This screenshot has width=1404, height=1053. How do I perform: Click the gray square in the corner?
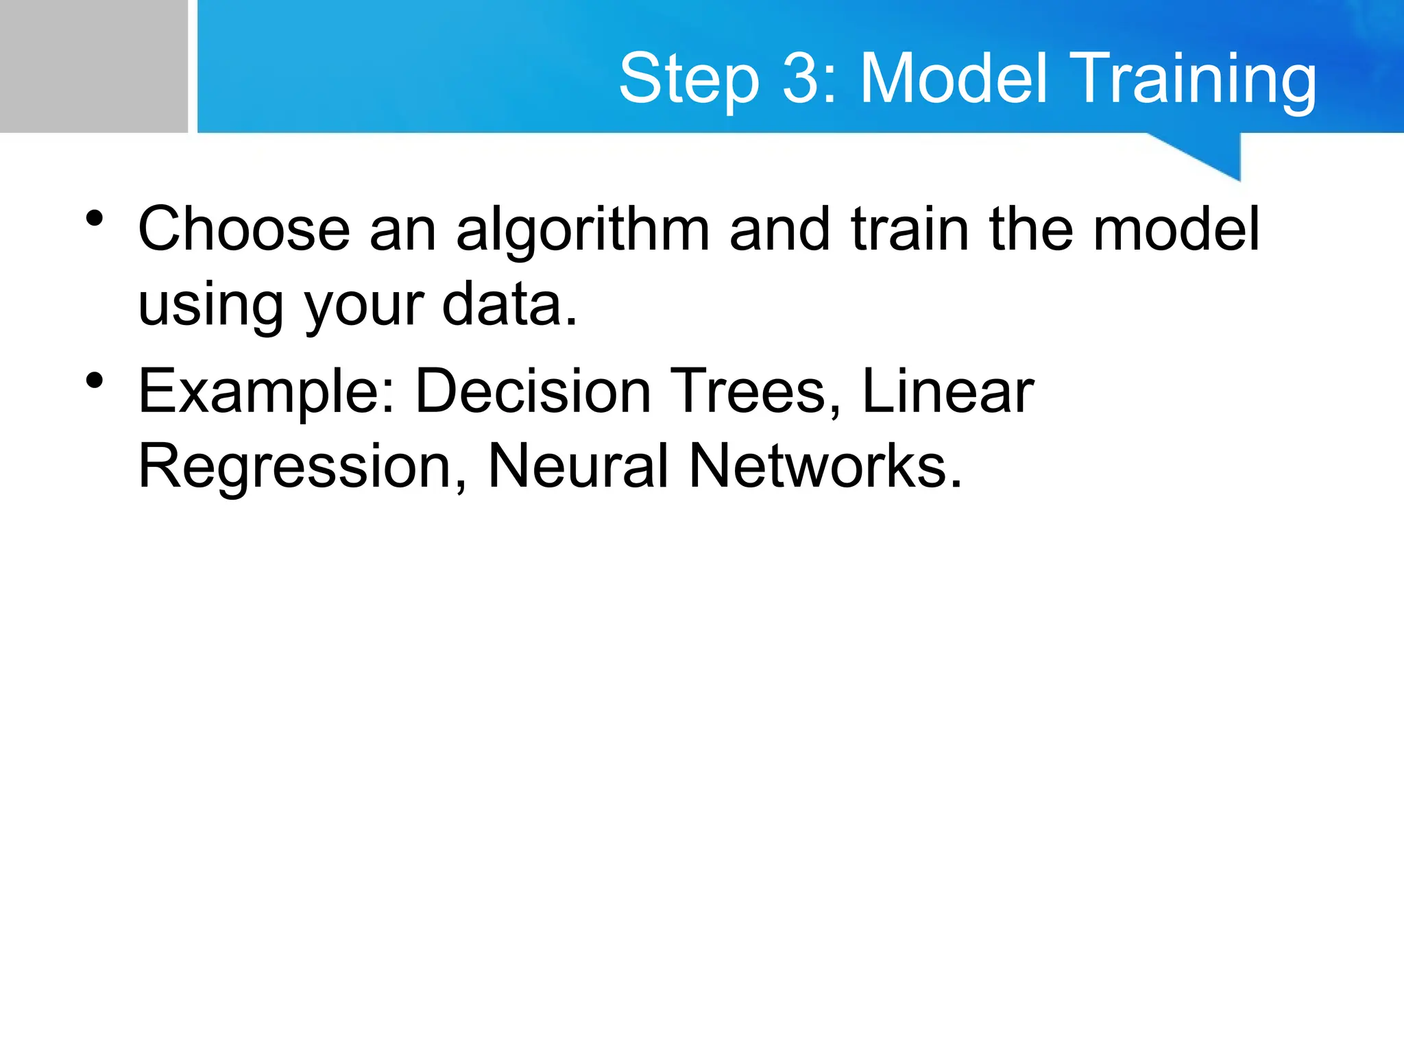pyautogui.click(x=93, y=66)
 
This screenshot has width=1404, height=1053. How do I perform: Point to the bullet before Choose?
pyautogui.click(x=95, y=219)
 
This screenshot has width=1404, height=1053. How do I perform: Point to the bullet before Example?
pyautogui.click(x=95, y=380)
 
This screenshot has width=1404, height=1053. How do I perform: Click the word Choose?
pyautogui.click(x=244, y=229)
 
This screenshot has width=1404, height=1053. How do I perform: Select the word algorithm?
pyautogui.click(x=582, y=230)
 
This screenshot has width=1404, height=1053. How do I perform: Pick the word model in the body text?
pyautogui.click(x=1176, y=229)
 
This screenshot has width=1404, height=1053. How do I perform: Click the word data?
pyautogui.click(x=509, y=304)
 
